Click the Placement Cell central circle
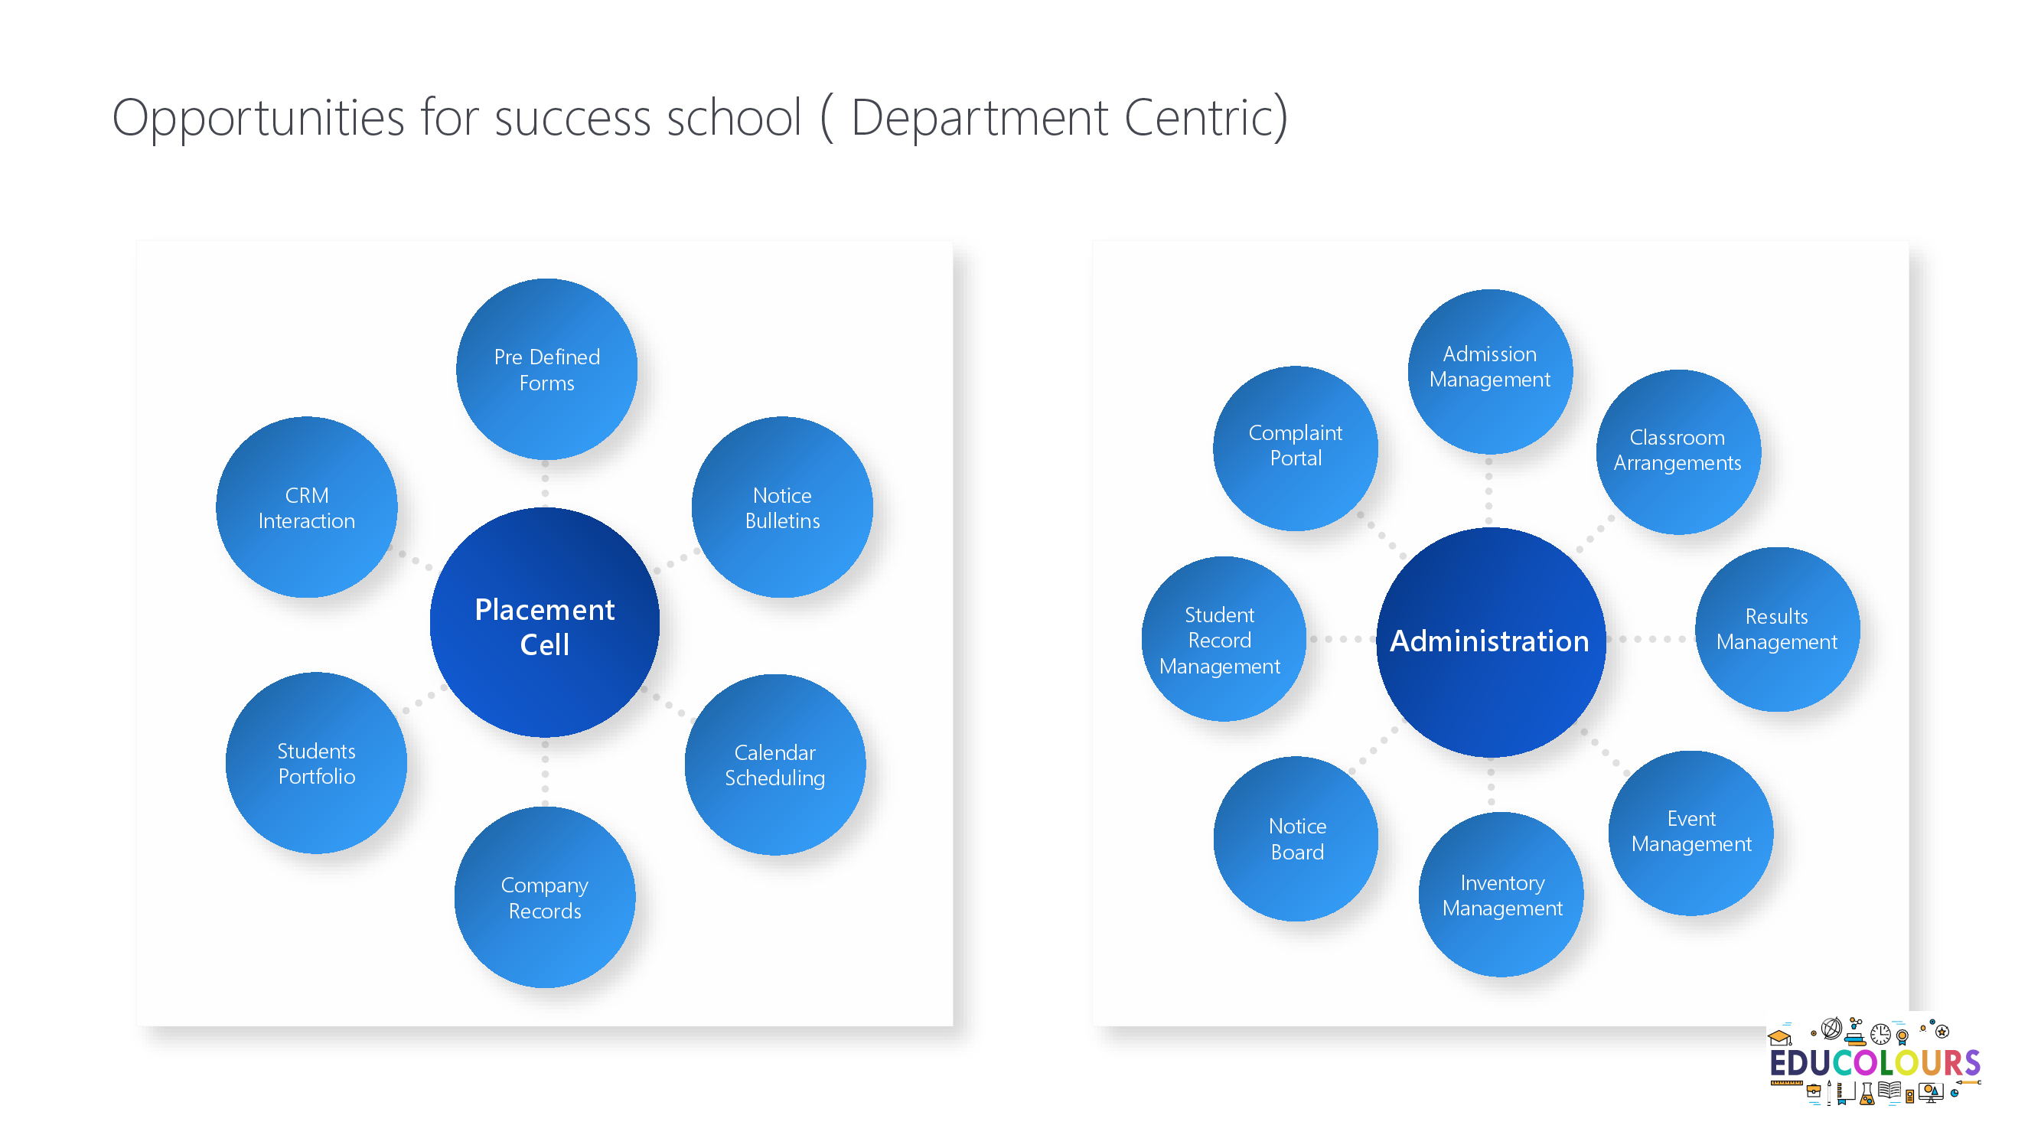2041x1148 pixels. pos(545,623)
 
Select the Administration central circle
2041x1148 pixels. pos(1490,642)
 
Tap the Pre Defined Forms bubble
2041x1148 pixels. pos(546,369)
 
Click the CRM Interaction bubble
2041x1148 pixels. pos(307,507)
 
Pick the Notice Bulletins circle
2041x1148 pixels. pos(782,507)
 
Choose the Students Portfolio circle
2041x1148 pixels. pos(316,763)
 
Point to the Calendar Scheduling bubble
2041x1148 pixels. pos(775,765)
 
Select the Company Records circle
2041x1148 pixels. pos(545,897)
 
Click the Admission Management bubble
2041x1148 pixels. pos(1489,372)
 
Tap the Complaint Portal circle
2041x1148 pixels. pos(1296,448)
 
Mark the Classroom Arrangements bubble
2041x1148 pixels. pos(1678,452)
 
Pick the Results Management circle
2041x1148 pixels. pos(1777,630)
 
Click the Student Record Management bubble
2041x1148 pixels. pos(1224,639)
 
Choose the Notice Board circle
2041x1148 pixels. pos(1296,839)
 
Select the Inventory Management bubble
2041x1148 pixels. pos(1501,895)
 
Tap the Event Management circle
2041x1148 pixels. pos(1691,833)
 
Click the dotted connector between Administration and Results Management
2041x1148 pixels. pos(1651,639)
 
